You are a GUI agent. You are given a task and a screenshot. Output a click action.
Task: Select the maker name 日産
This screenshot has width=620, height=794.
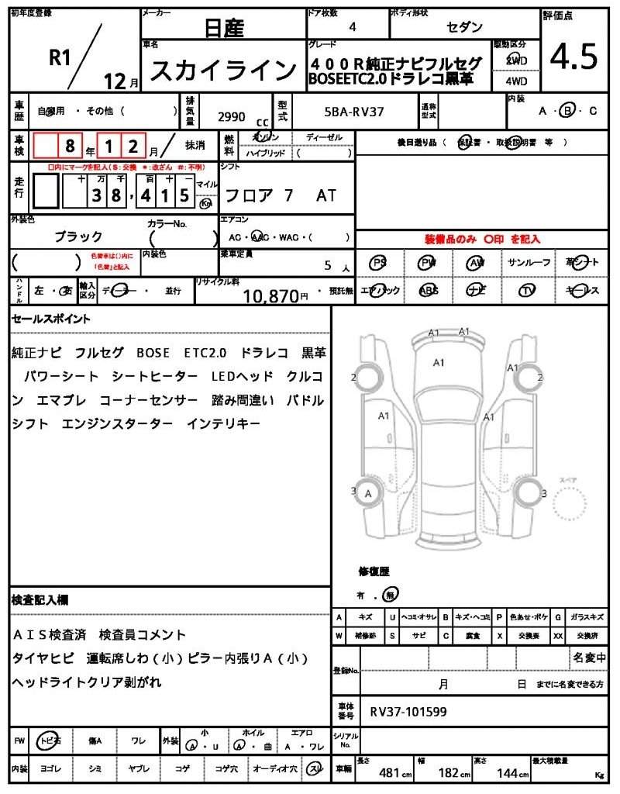223,29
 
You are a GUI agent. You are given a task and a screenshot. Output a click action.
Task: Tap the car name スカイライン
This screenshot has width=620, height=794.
222,71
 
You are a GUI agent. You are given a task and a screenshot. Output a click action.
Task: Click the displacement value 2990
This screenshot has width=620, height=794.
232,116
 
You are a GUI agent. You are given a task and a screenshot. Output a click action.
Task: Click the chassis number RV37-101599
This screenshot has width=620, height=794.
408,711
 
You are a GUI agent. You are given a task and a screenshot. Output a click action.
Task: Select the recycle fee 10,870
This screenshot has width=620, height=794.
270,295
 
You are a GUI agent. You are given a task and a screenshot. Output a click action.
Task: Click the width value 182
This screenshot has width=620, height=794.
449,773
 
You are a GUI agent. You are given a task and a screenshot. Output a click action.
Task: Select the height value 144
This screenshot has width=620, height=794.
509,773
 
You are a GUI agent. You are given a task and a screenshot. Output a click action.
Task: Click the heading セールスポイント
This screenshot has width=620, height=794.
51,319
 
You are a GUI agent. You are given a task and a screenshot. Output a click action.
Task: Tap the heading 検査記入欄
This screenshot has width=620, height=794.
40,600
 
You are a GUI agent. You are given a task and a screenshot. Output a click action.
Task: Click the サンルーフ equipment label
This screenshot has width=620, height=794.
529,263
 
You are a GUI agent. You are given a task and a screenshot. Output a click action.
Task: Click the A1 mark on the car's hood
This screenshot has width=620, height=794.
438,362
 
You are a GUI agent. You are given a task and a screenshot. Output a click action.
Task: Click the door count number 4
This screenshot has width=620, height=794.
353,26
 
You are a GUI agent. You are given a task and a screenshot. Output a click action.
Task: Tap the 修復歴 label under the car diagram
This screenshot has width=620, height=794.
374,571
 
